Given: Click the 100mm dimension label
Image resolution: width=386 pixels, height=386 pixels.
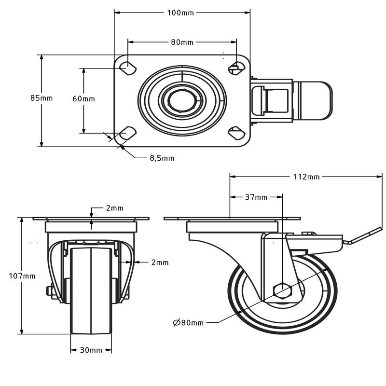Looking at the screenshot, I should pyautogui.click(x=180, y=13).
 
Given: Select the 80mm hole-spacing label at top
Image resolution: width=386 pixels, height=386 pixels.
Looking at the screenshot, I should pyautogui.click(x=182, y=42).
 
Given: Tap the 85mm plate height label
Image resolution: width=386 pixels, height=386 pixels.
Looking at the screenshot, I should pyautogui.click(x=41, y=98).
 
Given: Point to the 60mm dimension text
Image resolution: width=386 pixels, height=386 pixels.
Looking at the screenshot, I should pyautogui.click(x=83, y=98).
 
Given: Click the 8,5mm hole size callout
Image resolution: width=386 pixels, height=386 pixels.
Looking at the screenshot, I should pyautogui.click(x=162, y=158).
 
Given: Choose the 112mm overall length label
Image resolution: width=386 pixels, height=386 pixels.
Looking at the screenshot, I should pyautogui.click(x=306, y=177).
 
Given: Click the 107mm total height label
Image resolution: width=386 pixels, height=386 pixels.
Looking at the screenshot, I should pyautogui.click(x=22, y=276).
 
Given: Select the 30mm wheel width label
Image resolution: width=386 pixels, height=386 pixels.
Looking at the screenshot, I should pyautogui.click(x=91, y=350).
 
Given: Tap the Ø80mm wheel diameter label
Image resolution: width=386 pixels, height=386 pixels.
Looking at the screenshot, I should pyautogui.click(x=188, y=322).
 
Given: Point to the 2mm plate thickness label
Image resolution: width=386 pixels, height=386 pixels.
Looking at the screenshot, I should pyautogui.click(x=114, y=208).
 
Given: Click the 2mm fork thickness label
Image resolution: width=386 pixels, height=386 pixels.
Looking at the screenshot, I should pyautogui.click(x=160, y=262).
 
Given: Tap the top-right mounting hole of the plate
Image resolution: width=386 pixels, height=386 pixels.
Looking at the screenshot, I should pyautogui.click(x=236, y=67).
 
